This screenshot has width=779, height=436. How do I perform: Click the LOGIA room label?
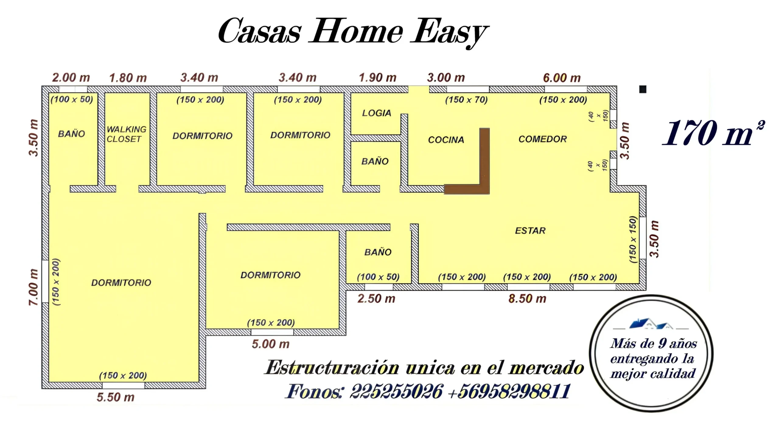pos(376,113)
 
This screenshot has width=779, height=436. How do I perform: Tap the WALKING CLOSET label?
pos(126,134)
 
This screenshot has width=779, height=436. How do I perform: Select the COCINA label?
pos(446,140)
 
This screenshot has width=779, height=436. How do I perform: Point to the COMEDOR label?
pos(543,139)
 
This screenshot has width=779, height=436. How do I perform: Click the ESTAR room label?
pos(530,230)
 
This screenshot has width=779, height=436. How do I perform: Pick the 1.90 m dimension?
pos(378,78)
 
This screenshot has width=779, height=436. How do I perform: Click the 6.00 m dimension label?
pos(562,78)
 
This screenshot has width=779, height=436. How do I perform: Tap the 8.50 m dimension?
pos(527,299)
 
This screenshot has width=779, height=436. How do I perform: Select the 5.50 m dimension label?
pos(116,397)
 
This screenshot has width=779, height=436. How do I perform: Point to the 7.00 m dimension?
pos(33,287)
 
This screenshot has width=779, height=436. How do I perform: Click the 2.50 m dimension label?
pos(376,299)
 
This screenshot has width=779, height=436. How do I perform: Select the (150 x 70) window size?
pos(466,100)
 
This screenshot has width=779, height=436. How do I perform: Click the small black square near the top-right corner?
pos(643,89)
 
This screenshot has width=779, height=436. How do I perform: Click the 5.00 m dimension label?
pos(271,344)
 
